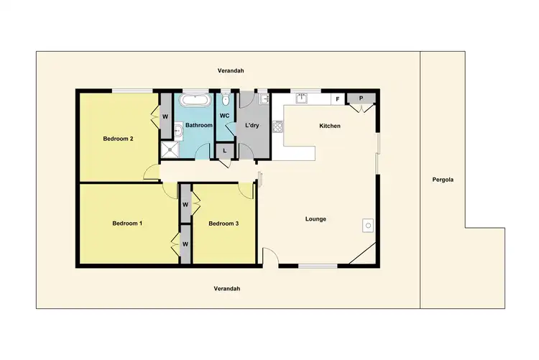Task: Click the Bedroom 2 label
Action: (x=119, y=139)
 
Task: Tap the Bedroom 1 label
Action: (x=127, y=223)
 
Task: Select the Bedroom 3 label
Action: (x=224, y=223)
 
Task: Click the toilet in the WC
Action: (x=225, y=100)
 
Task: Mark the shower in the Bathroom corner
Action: (x=170, y=149)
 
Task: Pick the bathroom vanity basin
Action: (x=178, y=130)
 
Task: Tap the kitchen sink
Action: (x=303, y=98)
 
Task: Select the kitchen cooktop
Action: (x=277, y=126)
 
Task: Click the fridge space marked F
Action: (x=336, y=100)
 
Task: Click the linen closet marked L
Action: (x=225, y=151)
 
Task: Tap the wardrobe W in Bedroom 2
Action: (x=165, y=116)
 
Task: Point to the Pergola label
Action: (x=443, y=180)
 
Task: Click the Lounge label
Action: (x=316, y=219)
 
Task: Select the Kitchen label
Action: (x=330, y=126)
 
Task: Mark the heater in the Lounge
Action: (x=367, y=226)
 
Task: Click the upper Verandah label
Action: (x=231, y=70)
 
